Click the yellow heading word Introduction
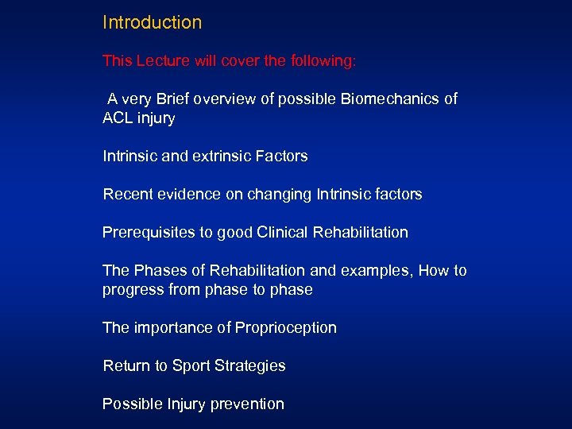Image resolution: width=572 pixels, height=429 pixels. (x=152, y=22)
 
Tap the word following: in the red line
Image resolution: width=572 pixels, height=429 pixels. (x=324, y=60)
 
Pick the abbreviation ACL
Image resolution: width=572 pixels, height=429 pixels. (x=118, y=118)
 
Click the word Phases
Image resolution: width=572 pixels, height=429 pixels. (x=159, y=271)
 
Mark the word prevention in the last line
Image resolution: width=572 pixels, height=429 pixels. (x=247, y=404)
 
